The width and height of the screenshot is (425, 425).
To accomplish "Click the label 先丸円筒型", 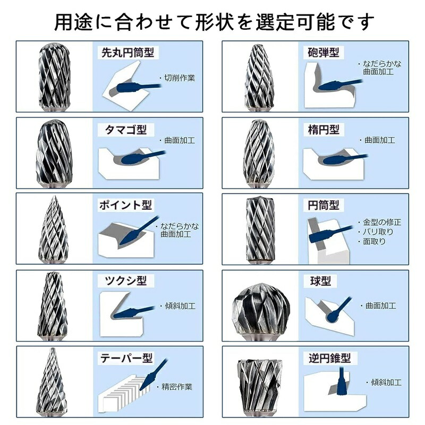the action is pyautogui.click(x=127, y=53).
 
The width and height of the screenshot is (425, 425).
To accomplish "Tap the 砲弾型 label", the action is pyautogui.click(x=324, y=52).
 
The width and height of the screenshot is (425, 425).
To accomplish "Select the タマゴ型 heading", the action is pyautogui.click(x=126, y=130).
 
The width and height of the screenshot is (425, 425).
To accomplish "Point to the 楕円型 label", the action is pyautogui.click(x=324, y=130).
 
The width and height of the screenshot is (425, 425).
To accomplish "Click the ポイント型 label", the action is pyautogui.click(x=125, y=205).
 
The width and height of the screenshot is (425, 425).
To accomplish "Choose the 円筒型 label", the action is pyautogui.click(x=324, y=205).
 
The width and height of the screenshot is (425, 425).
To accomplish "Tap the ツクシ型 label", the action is pyautogui.click(x=126, y=281).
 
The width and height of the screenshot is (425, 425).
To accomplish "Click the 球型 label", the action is pyautogui.click(x=321, y=281).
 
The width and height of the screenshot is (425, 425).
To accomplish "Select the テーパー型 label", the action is pyautogui.click(x=126, y=358).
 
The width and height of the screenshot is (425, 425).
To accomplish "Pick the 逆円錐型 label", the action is pyautogui.click(x=329, y=358).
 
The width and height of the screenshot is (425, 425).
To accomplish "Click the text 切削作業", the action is pyautogui.click(x=180, y=78).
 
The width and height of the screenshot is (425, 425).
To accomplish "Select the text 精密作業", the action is pyautogui.click(x=177, y=387).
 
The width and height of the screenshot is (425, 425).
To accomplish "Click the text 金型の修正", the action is pyautogui.click(x=382, y=222).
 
